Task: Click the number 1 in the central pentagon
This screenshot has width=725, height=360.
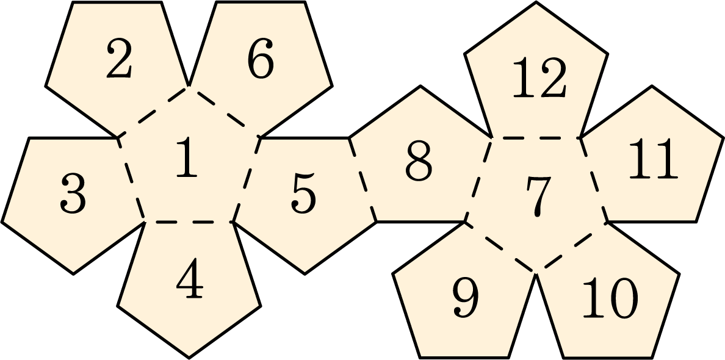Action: point(188,157)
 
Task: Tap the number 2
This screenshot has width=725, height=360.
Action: point(119,58)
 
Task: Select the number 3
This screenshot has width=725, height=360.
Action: point(73,195)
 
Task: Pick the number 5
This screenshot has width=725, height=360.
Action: point(304,194)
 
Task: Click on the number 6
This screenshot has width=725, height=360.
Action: point(261,59)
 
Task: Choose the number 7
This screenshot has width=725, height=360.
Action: point(539,197)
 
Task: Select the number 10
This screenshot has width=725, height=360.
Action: point(610,298)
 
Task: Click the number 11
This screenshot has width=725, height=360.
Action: point(653,159)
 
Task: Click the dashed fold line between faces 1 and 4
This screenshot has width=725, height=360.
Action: point(189,222)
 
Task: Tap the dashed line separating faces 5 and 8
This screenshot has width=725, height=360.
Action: point(363,180)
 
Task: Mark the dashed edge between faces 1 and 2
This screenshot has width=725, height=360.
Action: point(154,112)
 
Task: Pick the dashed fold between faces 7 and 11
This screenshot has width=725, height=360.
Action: point(594,180)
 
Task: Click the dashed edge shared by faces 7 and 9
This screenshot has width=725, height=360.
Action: point(500,248)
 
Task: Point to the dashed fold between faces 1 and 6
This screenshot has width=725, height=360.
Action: point(224,112)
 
